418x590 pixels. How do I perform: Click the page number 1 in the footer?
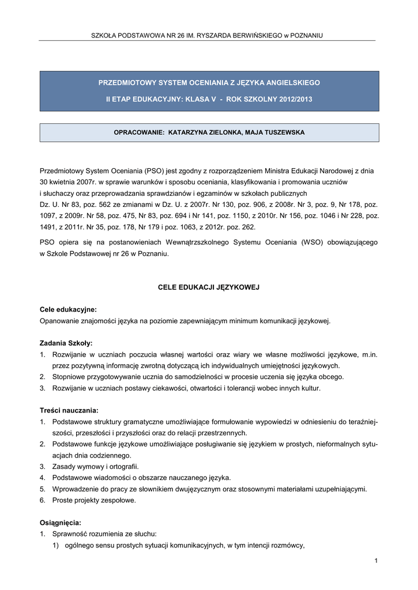(375, 561)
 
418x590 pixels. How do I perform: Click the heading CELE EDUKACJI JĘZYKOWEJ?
(209, 286)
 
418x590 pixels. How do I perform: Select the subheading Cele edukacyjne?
(68, 309)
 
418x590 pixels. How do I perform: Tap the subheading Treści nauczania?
(69, 410)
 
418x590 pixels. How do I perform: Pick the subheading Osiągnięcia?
(61, 523)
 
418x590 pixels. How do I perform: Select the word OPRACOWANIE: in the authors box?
(139, 133)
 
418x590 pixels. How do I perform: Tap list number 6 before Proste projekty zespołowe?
(43, 500)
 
